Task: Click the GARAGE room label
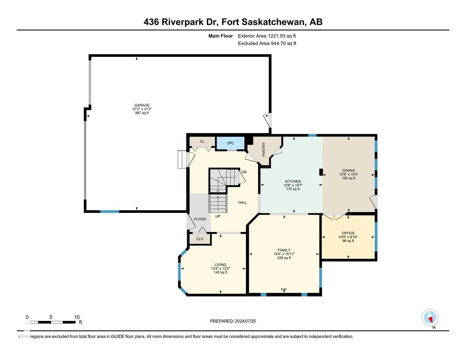tap(142, 105)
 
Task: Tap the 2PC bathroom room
tap(230, 143)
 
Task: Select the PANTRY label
tap(264, 149)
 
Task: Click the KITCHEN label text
tap(293, 181)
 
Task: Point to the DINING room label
tap(349, 171)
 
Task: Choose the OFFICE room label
tap(348, 233)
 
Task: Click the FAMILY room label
tap(284, 250)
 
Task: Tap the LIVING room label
tap(220, 265)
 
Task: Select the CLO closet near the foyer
tap(200, 239)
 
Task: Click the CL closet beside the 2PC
tap(202, 142)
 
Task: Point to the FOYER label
tap(200, 219)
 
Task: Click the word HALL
tap(243, 202)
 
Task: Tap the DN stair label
tap(244, 172)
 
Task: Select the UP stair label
tap(218, 216)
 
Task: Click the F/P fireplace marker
tap(284, 289)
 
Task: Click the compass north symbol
tap(430, 317)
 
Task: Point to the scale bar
tap(51, 322)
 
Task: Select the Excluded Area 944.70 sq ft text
tap(267, 43)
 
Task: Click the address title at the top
tap(233, 22)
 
